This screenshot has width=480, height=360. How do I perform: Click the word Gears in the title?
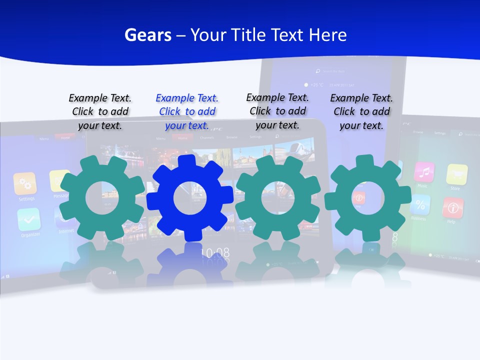pyautogui.click(x=147, y=35)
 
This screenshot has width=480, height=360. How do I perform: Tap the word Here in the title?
pyautogui.click(x=327, y=35)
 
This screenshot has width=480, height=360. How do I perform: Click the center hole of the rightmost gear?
pyautogui.click(x=367, y=198)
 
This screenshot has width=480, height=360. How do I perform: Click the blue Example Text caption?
pyautogui.click(x=187, y=111)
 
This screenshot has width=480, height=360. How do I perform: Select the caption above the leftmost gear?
pyautogui.click(x=100, y=111)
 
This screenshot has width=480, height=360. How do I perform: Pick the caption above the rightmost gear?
pyautogui.click(x=361, y=111)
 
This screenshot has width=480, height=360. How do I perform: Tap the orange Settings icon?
pyautogui.click(x=25, y=183)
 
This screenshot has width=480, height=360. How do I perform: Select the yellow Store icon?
pyautogui.click(x=456, y=174)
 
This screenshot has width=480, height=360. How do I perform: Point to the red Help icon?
pyautogui.click(x=452, y=207)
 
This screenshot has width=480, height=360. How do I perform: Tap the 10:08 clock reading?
pyautogui.click(x=215, y=253)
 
